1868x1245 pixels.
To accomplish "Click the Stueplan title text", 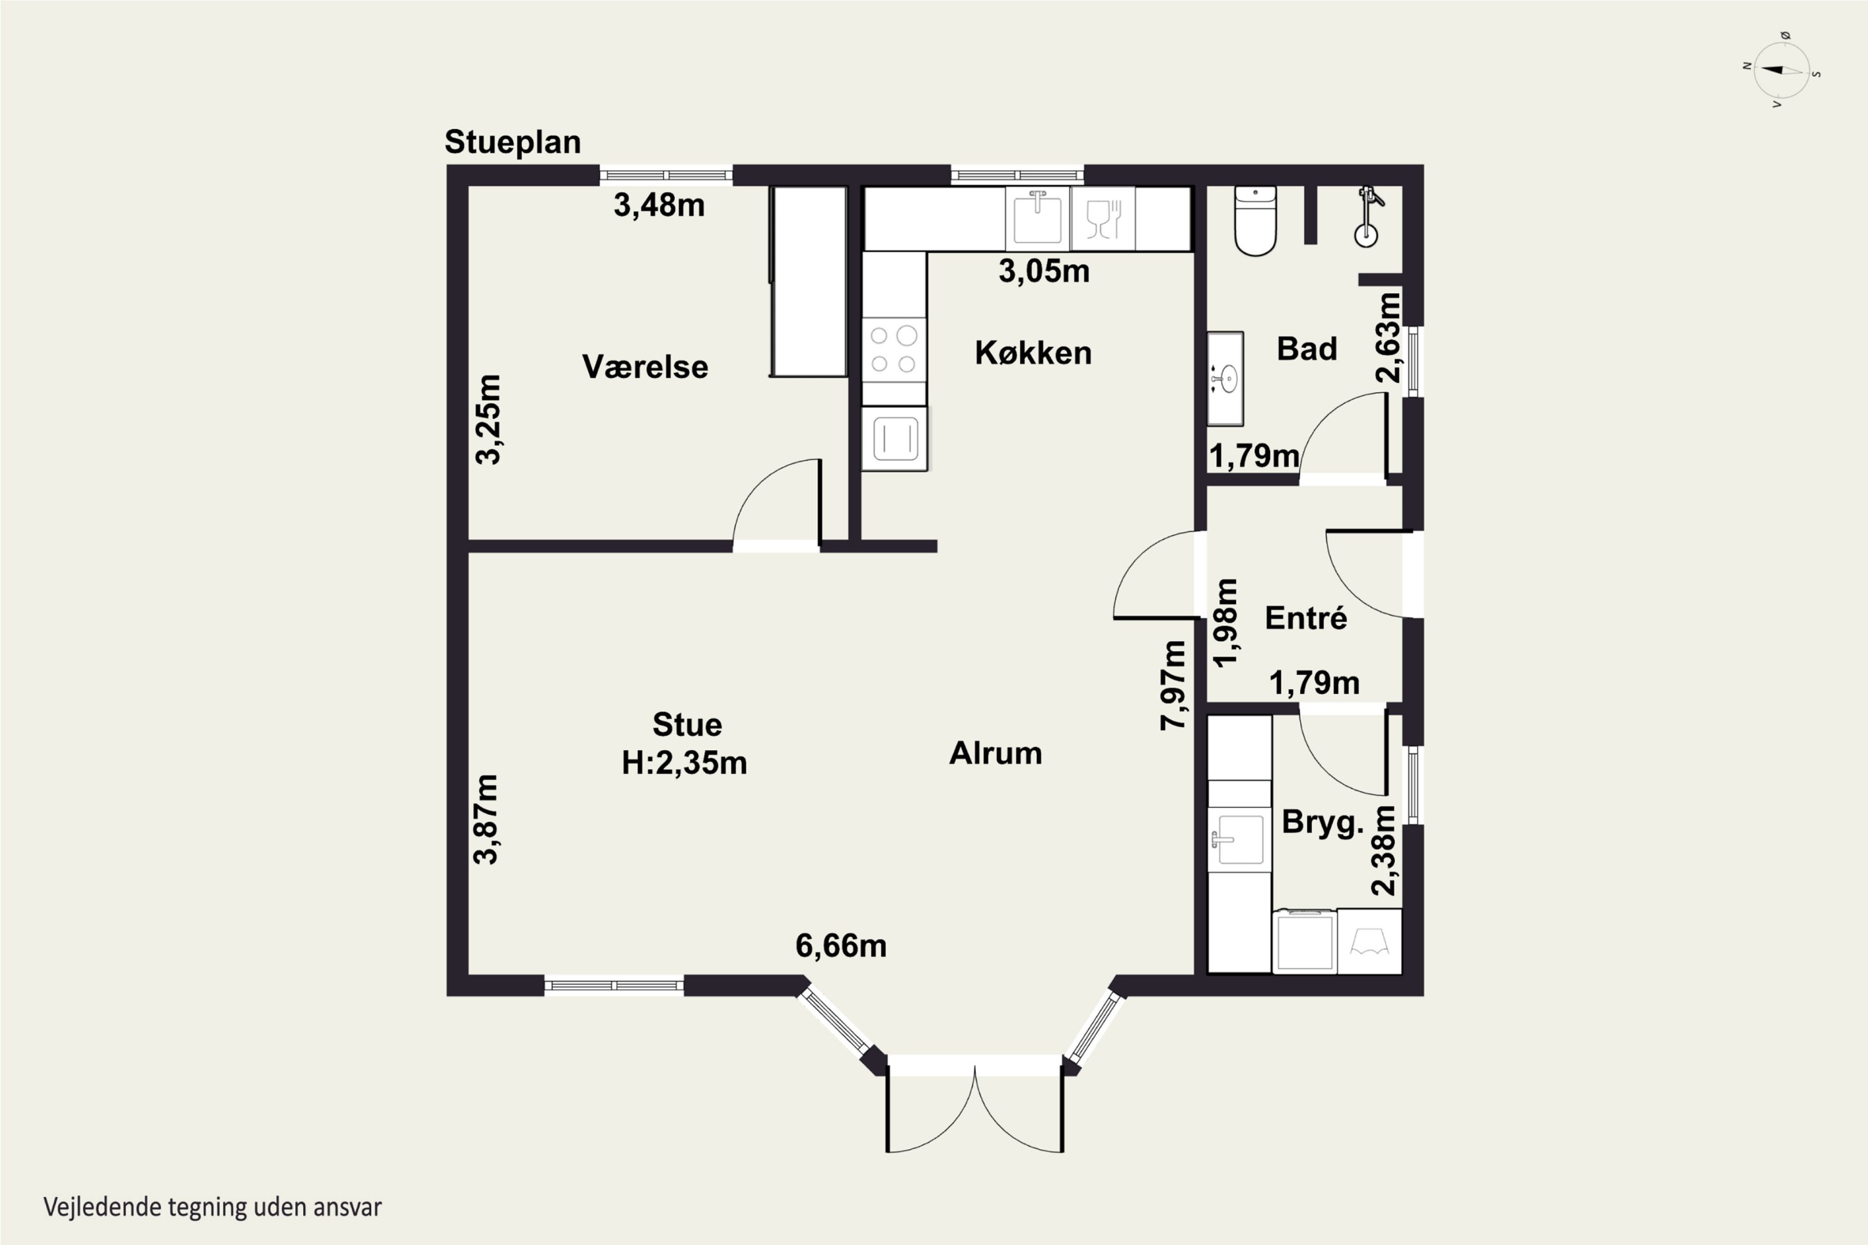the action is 512,142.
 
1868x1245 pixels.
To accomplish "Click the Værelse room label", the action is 645,367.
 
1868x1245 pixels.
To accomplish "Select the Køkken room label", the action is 1033,352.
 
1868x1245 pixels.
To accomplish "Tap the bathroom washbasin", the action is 1225,378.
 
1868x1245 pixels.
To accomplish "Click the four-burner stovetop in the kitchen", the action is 894,349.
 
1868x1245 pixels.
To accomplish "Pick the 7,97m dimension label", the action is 1173,684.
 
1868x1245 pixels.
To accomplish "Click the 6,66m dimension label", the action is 841,946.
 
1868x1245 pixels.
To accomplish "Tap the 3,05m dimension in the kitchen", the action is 1044,271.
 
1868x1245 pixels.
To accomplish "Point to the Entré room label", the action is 1306,618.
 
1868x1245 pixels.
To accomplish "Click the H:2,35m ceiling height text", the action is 684,763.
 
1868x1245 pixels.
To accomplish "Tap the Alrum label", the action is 996,753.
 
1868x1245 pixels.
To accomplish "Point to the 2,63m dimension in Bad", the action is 1389,338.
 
